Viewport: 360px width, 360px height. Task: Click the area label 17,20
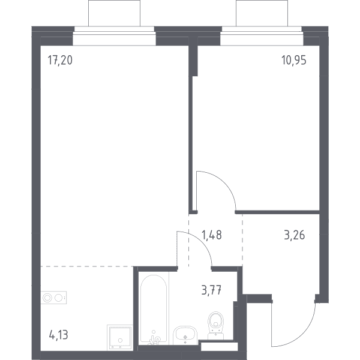60,60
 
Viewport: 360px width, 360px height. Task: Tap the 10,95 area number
294,61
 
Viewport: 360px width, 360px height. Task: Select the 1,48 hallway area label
212,235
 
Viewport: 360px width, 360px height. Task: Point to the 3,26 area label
295,235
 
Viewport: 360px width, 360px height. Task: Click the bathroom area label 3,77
211,290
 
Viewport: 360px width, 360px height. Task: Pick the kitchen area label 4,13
59,335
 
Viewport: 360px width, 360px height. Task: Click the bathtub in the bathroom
154,309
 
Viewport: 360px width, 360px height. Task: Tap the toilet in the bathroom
215,325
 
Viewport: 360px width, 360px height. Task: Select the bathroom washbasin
185,335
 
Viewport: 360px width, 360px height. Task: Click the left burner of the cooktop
47,298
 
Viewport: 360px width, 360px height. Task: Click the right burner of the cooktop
58,298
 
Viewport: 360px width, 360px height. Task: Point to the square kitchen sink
120,337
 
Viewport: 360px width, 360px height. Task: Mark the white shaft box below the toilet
219,347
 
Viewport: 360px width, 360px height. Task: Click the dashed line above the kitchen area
87,266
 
